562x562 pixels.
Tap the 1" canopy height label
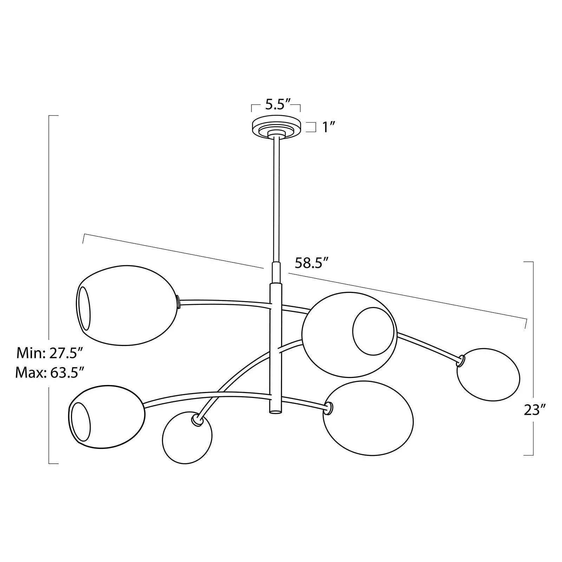[x=327, y=127]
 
